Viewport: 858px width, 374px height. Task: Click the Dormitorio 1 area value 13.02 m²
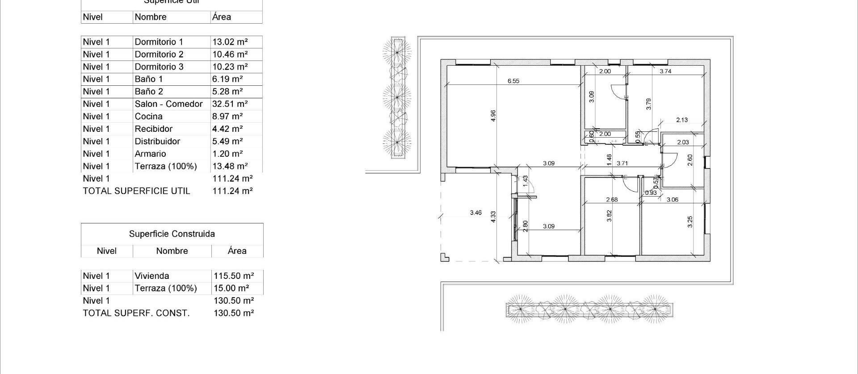pyautogui.click(x=230, y=42)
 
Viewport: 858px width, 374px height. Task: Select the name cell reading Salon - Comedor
pyautogui.click(x=168, y=104)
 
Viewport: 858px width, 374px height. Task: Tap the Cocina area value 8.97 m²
pyautogui.click(x=227, y=117)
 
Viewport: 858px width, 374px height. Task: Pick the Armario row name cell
pyautogui.click(x=150, y=154)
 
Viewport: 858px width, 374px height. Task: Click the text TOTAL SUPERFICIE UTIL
pyautogui.click(x=136, y=191)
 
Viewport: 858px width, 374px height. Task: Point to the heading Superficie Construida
pyautogui.click(x=172, y=234)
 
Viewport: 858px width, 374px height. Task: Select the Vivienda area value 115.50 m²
pyautogui.click(x=234, y=276)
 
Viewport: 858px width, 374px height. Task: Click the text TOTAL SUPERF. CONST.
pyautogui.click(x=136, y=313)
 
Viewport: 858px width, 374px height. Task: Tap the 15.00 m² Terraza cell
pyautogui.click(x=231, y=289)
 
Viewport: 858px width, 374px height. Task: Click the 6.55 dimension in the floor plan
pyautogui.click(x=513, y=81)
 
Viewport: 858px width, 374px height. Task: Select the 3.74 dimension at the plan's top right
pyautogui.click(x=665, y=71)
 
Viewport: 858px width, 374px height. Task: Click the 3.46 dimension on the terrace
pyautogui.click(x=476, y=213)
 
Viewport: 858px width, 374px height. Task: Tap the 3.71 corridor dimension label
pyautogui.click(x=622, y=164)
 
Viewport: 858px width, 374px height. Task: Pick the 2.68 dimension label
pyautogui.click(x=611, y=200)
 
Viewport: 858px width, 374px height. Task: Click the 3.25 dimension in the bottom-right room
pyautogui.click(x=690, y=222)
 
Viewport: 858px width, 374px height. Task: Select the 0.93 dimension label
pyautogui.click(x=651, y=193)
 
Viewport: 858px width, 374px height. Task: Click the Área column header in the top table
pyautogui.click(x=222, y=17)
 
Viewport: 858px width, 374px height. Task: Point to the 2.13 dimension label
pyautogui.click(x=682, y=120)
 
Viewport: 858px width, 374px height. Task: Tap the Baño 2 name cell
pyautogui.click(x=149, y=92)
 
